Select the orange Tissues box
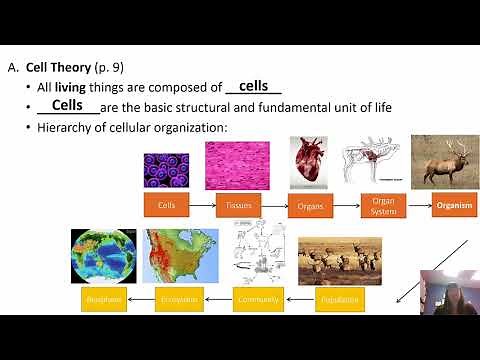[x=238, y=205]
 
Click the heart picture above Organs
[x=308, y=162]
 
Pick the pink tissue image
[x=237, y=165]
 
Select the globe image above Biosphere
[x=103, y=256]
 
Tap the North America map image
[x=180, y=256]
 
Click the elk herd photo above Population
[x=339, y=260]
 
